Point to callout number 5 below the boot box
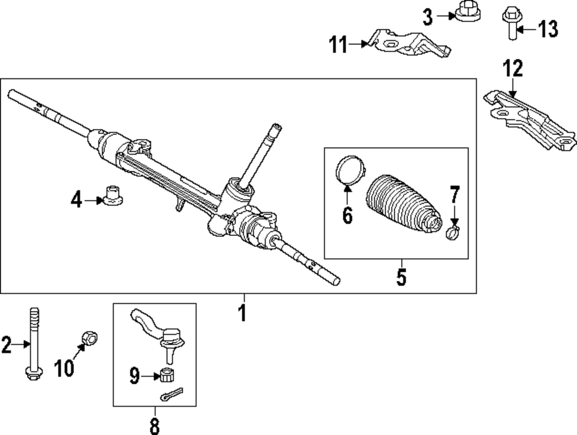click(401, 277)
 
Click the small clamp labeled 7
click(453, 233)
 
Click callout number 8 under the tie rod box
click(154, 425)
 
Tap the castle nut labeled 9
click(167, 376)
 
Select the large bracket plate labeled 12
click(528, 115)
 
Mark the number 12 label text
click(512, 69)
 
